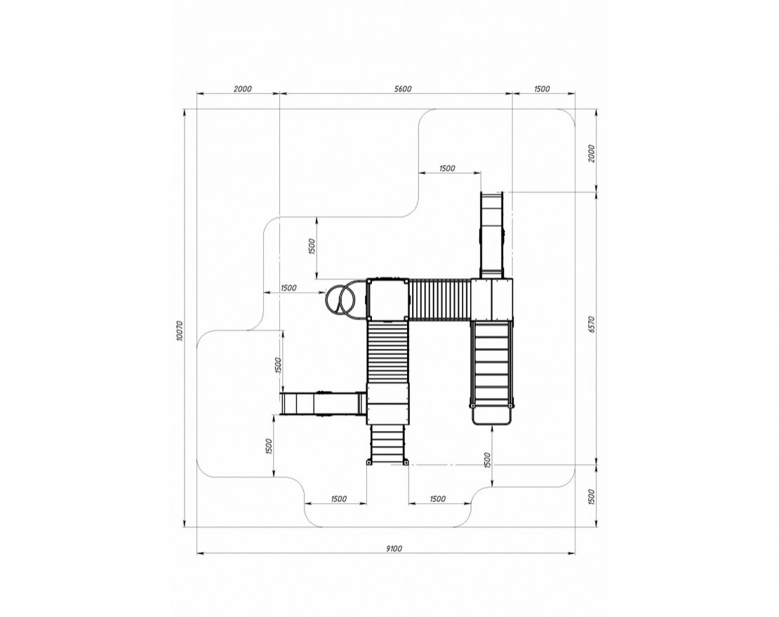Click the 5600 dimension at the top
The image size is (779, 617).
coord(403,89)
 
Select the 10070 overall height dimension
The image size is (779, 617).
coord(180,331)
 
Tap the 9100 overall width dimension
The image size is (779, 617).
coord(394,548)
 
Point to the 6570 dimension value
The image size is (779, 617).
coord(591,324)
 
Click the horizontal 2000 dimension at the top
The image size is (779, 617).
coord(242,89)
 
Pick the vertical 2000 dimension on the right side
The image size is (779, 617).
coord(591,154)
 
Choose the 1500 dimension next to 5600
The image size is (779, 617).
coord(542,89)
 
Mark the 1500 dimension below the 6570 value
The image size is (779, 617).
coord(591,497)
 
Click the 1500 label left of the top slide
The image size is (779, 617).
coord(447,168)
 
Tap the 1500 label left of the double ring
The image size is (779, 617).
coord(288,288)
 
